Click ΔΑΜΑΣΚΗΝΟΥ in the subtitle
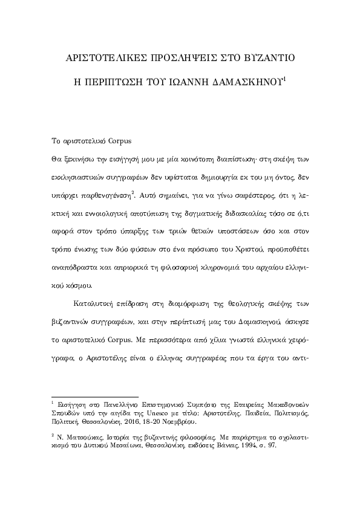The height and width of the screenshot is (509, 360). [250, 85]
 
